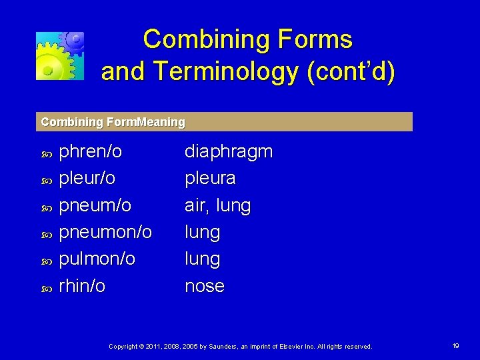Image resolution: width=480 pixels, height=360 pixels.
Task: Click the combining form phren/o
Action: [91, 152]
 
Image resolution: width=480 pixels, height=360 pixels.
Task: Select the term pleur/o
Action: [87, 179]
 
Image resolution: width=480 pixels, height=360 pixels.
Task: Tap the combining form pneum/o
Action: [95, 206]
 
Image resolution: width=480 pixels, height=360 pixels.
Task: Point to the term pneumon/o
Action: [105, 233]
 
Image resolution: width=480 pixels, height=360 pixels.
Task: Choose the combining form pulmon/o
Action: [97, 259]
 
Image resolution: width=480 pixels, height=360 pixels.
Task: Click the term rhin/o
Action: [82, 286]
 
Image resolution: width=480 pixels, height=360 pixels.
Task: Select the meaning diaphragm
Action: [228, 152]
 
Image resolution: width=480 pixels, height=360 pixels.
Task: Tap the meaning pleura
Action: [209, 179]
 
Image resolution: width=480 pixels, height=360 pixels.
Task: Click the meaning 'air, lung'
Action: [217, 206]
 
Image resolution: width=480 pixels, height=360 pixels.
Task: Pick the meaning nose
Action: [204, 286]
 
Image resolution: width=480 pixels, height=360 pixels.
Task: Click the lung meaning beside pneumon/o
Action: [202, 233]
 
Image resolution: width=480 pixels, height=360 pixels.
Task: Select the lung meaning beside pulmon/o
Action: [202, 259]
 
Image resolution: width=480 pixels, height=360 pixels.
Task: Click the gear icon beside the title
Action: [60, 55]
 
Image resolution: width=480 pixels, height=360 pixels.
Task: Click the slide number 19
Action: [456, 346]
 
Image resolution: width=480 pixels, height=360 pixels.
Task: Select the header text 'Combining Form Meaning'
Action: [113, 122]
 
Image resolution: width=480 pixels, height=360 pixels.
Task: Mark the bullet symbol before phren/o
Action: [46, 154]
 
